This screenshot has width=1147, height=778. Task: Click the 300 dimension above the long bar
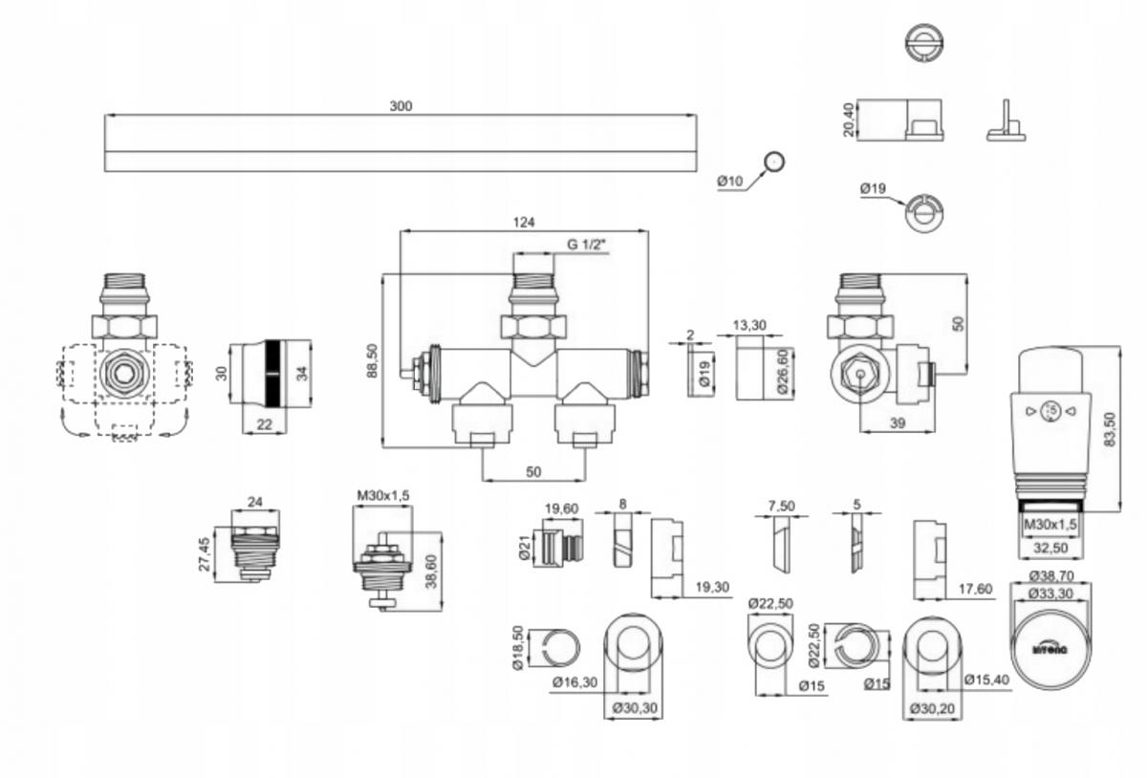click(x=400, y=106)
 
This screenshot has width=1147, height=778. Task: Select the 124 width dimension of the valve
click(x=524, y=222)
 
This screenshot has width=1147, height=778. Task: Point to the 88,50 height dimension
click(x=372, y=360)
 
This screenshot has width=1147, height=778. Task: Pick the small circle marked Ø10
click(x=774, y=162)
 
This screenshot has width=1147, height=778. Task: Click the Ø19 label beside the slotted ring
click(x=873, y=189)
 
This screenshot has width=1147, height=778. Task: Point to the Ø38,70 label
click(x=1050, y=576)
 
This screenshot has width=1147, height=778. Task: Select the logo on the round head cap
click(x=1051, y=647)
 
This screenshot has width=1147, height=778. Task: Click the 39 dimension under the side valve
click(x=896, y=423)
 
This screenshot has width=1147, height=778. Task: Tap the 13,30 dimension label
click(x=749, y=325)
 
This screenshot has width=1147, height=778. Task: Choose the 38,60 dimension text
click(x=430, y=572)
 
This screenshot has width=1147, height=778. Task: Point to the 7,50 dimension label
click(x=782, y=505)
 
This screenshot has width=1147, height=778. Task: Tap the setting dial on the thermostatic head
click(x=1050, y=411)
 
